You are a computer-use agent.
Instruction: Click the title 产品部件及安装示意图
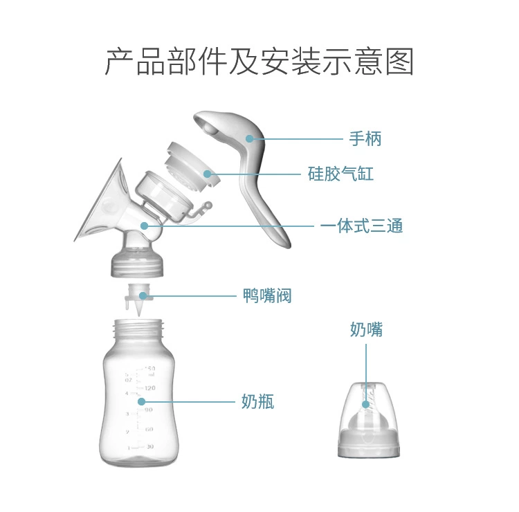pyautogui.click(x=259, y=62)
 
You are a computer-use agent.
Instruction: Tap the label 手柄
pyautogui.click(x=365, y=138)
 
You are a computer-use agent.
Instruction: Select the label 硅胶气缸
pyautogui.click(x=340, y=174)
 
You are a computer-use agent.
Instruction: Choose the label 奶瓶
pyautogui.click(x=257, y=401)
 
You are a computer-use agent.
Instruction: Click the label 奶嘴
pyautogui.click(x=366, y=329)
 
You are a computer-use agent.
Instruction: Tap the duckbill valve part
pyautogui.click(x=138, y=299)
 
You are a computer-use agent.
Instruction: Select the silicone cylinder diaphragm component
pyautogui.click(x=190, y=163)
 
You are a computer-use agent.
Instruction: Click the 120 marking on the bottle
pyautogui.click(x=149, y=388)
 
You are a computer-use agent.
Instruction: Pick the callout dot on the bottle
pyautogui.click(x=141, y=401)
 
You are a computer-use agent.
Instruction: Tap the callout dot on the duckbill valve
pyautogui.click(x=143, y=296)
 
